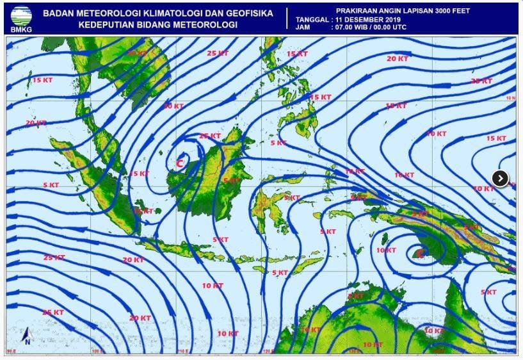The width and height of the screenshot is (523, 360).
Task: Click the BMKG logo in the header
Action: (20, 17)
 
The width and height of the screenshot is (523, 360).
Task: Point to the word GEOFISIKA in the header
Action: (248, 13)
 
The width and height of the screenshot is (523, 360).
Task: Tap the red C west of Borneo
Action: (180, 163)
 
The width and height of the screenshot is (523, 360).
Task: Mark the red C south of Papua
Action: (419, 254)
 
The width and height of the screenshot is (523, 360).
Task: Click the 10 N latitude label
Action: (510, 98)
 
